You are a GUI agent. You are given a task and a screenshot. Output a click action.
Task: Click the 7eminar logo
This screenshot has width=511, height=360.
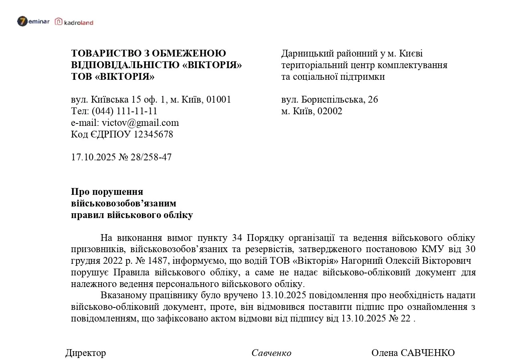click(x=33, y=21)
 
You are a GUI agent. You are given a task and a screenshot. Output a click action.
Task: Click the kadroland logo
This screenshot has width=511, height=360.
click(x=74, y=22)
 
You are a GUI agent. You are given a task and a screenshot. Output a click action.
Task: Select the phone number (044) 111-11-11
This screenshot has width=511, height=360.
click(x=125, y=111)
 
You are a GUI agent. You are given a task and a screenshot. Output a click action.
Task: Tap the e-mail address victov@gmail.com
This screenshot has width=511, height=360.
click(x=140, y=123)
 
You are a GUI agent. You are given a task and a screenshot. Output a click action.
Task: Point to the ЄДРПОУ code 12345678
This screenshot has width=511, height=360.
click(x=154, y=134)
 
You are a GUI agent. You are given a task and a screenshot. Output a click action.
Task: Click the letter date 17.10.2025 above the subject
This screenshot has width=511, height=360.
click(x=93, y=157)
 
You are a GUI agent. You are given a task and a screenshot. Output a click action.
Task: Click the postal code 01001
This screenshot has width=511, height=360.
click(x=219, y=99)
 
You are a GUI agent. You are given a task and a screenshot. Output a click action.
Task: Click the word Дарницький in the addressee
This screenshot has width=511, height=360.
click(x=306, y=53)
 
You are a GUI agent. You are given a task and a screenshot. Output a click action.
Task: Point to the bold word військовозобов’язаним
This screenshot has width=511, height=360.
click(x=123, y=203)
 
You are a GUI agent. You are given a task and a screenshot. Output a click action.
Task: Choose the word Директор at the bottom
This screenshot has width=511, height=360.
click(x=86, y=353)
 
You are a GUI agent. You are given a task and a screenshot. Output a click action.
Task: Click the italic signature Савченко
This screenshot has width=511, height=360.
click(x=271, y=353)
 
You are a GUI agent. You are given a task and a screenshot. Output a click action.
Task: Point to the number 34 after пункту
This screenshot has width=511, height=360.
click(x=237, y=238)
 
